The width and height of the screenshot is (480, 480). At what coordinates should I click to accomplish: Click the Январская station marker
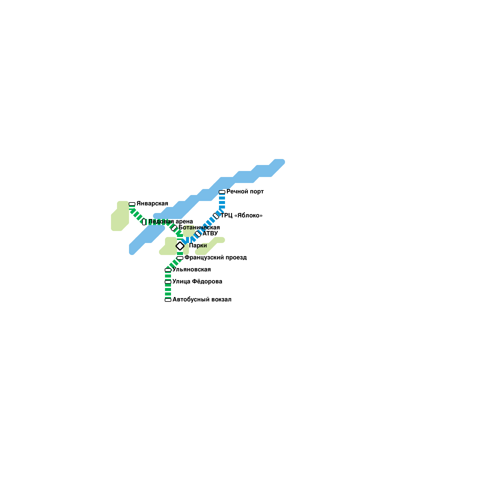tap(132, 204)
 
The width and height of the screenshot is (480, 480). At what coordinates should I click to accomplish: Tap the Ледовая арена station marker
tap(144, 222)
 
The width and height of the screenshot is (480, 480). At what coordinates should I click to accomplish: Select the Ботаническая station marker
tap(174, 228)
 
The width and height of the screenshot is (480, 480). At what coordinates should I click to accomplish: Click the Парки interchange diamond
tap(180, 246)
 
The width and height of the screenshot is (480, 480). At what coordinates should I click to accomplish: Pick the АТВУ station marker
tap(198, 234)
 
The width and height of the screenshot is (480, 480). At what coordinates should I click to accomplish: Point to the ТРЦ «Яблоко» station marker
tap(216, 216)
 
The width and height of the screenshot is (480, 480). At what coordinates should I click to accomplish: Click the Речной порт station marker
tap(222, 192)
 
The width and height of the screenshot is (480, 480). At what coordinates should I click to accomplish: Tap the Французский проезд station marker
tap(180, 258)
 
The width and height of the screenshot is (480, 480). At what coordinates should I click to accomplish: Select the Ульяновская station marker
tap(168, 270)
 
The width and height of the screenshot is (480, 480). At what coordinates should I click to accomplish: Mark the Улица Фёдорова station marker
tap(168, 282)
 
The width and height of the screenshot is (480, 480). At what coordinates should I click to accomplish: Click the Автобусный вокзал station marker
tap(168, 300)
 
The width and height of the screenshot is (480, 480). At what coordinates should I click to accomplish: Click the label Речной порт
tap(245, 192)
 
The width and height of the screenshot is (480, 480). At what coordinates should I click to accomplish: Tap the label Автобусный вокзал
tap(202, 300)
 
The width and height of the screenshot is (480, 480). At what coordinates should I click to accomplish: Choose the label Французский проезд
tap(215, 258)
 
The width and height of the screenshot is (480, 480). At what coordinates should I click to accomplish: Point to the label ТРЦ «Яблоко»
tap(241, 216)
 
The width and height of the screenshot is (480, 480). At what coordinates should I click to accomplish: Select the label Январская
tap(152, 204)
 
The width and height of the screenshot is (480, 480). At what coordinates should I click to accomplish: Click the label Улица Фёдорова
tap(197, 282)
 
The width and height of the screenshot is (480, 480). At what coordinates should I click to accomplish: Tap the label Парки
tap(198, 246)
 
